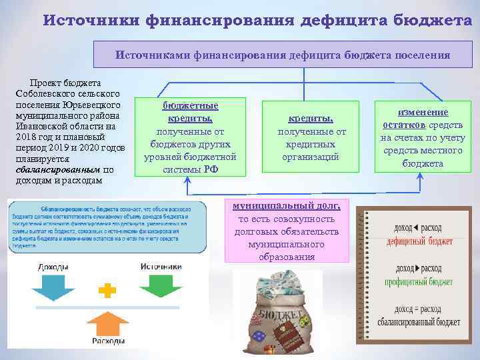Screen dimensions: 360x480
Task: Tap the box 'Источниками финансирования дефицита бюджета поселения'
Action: (283, 55)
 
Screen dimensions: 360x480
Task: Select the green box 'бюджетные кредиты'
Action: (190, 138)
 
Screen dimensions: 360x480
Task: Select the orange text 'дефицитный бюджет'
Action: (423, 241)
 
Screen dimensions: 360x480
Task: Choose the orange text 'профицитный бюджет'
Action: (423, 283)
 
